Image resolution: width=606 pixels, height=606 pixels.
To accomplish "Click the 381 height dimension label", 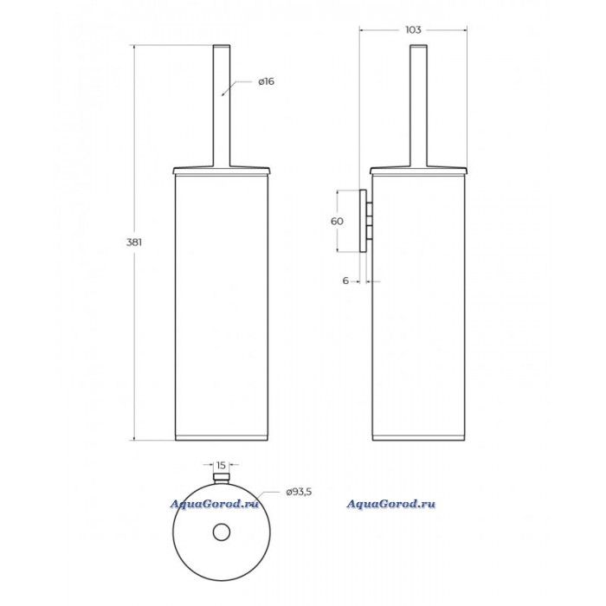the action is (134, 242).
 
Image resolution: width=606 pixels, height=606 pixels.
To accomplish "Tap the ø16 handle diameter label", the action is (267, 81).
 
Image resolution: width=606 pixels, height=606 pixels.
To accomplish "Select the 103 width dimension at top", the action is (413, 29).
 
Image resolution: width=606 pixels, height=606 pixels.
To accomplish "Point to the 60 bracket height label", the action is (337, 221).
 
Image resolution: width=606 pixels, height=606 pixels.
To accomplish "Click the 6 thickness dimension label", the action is (345, 280).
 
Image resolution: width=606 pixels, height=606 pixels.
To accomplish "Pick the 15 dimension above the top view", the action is (221, 465).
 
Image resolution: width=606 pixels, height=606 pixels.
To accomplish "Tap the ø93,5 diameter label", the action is (299, 492).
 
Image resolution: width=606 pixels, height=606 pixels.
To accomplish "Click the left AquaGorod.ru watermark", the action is (214, 504).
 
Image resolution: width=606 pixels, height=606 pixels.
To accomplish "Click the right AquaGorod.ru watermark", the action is (390, 504).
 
